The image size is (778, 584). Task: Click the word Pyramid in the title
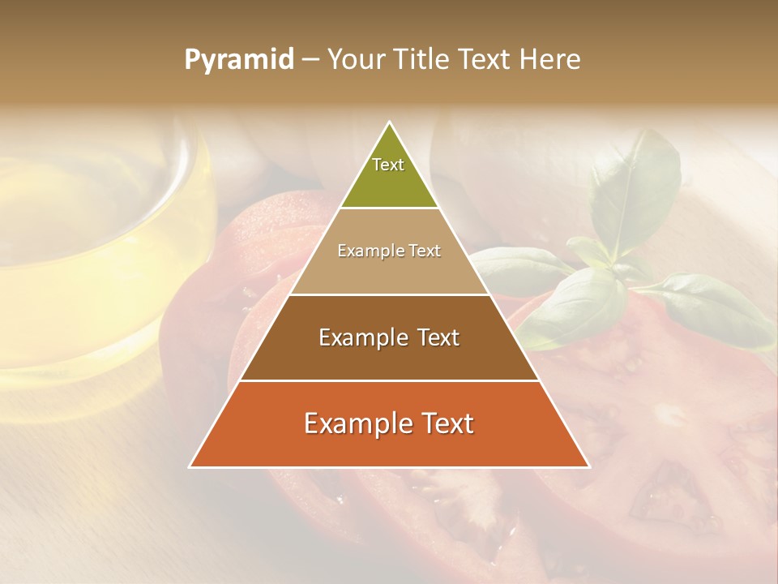pyautogui.click(x=238, y=60)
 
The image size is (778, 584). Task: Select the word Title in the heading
pyautogui.click(x=425, y=60)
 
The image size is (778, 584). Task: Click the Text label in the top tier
pyautogui.click(x=388, y=165)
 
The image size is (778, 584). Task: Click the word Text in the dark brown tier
pyautogui.click(x=434, y=337)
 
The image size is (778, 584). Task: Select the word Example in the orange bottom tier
pyautogui.click(x=355, y=423)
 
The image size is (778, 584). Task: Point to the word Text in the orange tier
pyautogui.click(x=445, y=423)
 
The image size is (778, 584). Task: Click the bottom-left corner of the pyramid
pyautogui.click(x=190, y=466)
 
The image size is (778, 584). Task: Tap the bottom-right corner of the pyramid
pyautogui.click(x=588, y=466)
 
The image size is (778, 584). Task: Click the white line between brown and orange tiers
pyautogui.click(x=389, y=380)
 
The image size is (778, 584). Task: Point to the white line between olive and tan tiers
pyautogui.click(x=389, y=208)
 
